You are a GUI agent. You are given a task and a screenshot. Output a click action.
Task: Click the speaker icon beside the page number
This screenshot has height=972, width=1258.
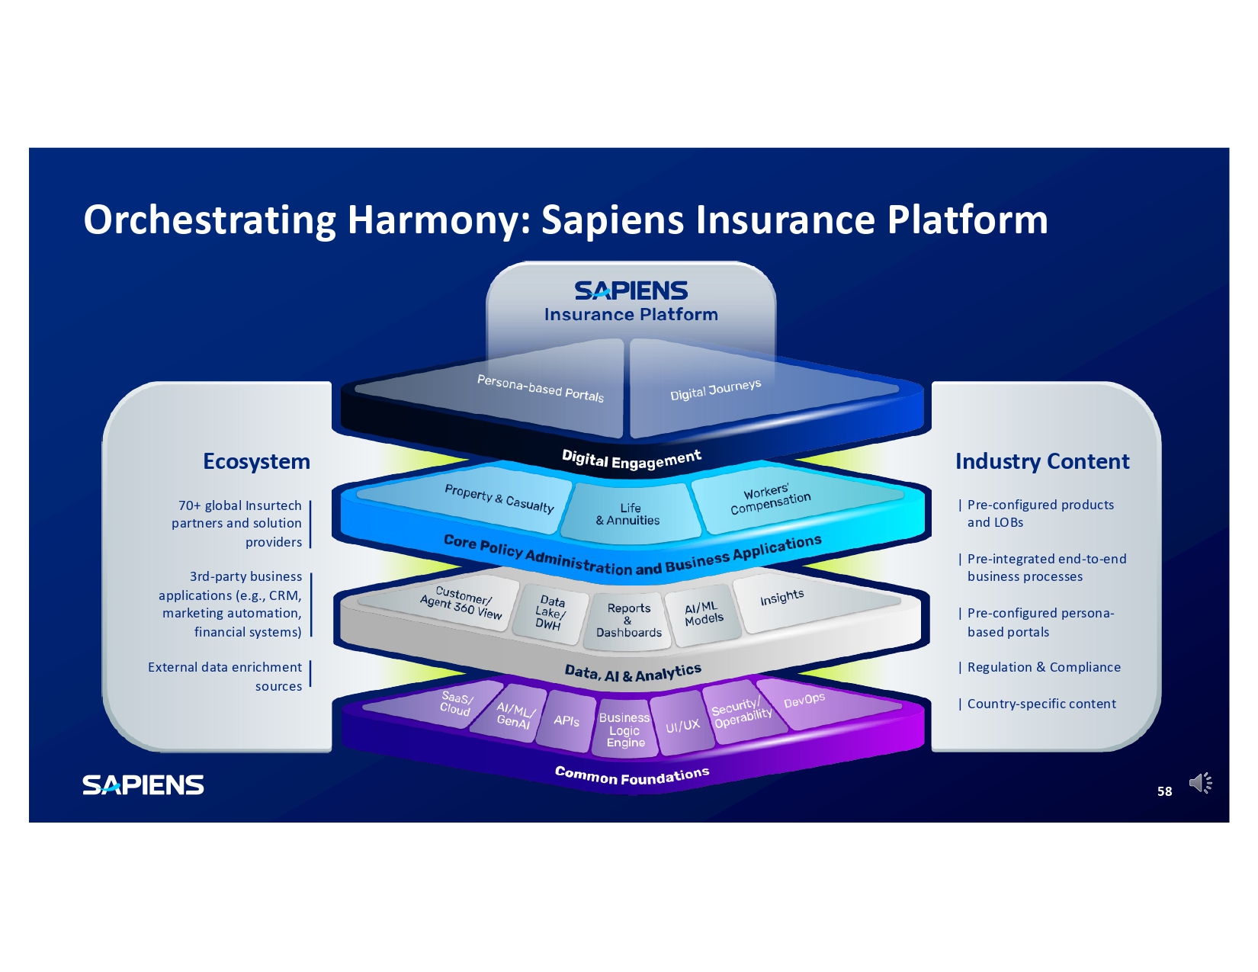(x=1200, y=783)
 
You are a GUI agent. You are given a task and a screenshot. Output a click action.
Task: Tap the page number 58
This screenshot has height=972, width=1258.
(x=1164, y=791)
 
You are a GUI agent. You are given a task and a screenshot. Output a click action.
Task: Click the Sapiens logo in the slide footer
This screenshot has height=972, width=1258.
(x=143, y=785)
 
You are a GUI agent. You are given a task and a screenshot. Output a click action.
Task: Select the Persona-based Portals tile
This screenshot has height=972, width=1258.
(x=540, y=388)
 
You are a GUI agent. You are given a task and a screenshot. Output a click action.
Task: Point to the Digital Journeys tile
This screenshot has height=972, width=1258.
(x=715, y=390)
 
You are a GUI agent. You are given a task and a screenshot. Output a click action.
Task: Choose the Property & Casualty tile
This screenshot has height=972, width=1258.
(x=499, y=499)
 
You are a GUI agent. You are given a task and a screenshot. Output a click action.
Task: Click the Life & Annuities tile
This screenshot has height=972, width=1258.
(x=629, y=514)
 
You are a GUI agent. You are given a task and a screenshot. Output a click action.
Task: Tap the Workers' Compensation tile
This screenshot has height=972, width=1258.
(x=770, y=499)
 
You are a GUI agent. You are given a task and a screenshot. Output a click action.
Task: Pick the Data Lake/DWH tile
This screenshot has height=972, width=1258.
(x=550, y=613)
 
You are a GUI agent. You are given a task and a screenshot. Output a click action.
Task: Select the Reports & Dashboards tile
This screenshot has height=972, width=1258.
(x=629, y=621)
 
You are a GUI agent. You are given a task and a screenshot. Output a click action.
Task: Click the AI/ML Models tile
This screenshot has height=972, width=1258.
(x=703, y=614)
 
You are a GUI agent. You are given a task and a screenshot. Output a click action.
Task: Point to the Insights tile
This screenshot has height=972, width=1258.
(x=781, y=598)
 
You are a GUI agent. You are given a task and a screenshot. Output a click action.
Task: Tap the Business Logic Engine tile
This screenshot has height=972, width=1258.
(x=625, y=730)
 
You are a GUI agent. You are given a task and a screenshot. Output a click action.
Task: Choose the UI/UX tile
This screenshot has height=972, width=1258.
(x=682, y=725)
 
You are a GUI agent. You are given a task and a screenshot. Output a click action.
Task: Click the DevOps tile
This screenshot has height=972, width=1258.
(x=804, y=700)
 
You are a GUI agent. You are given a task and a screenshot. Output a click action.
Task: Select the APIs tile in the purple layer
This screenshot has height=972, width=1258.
(x=566, y=720)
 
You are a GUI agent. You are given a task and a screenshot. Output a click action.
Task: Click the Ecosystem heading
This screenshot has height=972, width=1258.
(x=256, y=461)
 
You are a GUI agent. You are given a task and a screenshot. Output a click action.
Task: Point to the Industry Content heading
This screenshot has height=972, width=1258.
(x=1042, y=461)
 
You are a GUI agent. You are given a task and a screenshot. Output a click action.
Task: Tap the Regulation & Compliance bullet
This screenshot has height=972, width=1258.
(x=1043, y=667)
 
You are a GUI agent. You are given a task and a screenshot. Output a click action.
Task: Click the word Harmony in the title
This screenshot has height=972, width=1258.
(x=438, y=220)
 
